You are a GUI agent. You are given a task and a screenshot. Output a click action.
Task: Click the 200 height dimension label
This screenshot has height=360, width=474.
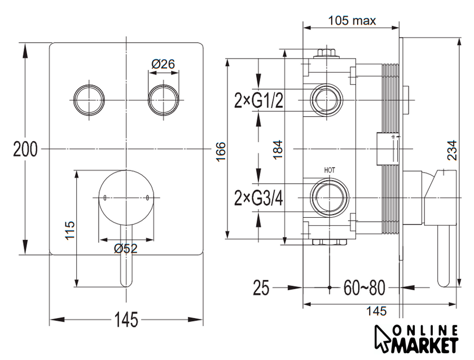[x=26, y=150]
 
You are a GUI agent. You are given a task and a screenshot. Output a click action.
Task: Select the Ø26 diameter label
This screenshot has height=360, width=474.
[x=163, y=64]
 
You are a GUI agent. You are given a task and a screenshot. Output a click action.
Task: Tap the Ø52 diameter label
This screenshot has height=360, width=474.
[x=125, y=248]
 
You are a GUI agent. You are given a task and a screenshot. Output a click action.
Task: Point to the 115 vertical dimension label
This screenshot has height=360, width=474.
[x=71, y=230]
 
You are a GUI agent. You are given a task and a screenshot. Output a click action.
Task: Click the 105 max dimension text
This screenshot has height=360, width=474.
[x=352, y=21]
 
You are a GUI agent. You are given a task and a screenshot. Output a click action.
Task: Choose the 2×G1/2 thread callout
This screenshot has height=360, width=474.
[x=258, y=101]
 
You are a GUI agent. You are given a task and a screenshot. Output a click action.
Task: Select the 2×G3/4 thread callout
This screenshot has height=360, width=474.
[x=258, y=198]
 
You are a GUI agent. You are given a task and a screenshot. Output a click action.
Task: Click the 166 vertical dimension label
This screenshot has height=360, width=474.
[x=221, y=152]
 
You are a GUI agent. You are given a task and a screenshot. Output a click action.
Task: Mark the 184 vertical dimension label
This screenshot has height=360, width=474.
[x=278, y=150]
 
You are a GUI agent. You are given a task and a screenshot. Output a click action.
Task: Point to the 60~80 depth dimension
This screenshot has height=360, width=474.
[x=364, y=288]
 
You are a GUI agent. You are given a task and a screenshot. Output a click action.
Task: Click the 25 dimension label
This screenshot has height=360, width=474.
[x=261, y=288]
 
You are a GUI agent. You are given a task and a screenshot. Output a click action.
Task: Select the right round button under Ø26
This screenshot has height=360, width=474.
[x=163, y=100]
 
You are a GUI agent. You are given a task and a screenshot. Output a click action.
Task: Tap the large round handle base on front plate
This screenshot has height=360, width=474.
[x=125, y=198]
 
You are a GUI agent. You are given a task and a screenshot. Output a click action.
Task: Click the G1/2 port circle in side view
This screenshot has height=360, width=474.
[x=326, y=100]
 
